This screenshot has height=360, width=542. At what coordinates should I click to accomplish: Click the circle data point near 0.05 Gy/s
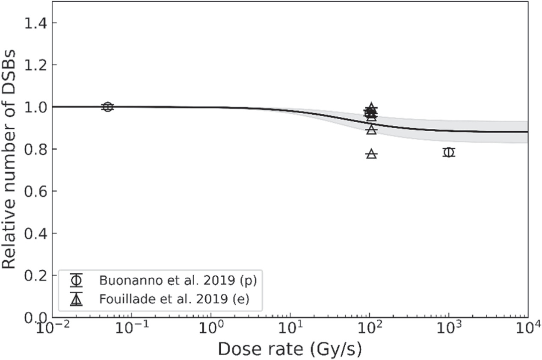coord(108,106)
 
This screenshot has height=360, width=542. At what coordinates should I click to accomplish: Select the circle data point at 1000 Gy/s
coord(449,152)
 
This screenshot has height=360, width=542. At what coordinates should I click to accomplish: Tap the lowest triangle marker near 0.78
coord(372,154)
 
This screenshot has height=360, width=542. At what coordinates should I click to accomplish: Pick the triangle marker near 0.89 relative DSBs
coord(372,130)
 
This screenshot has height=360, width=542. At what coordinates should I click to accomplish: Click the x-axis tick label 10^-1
coord(132,328)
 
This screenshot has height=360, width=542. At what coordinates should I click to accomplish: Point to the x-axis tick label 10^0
coord(211,328)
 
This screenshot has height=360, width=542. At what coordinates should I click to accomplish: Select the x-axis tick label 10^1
coord(290,328)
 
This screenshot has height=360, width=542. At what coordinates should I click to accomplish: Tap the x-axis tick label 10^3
coord(449,328)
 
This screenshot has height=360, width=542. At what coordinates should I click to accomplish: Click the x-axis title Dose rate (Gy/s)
coord(290,350)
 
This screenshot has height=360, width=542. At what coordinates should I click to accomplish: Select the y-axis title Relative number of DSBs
coord(9,159)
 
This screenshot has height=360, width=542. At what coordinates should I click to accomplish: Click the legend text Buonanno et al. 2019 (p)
coord(178,281)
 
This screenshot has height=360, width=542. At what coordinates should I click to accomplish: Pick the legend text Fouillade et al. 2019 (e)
coord(174,299)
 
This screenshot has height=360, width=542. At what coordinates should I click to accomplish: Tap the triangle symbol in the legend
coord(77,300)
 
